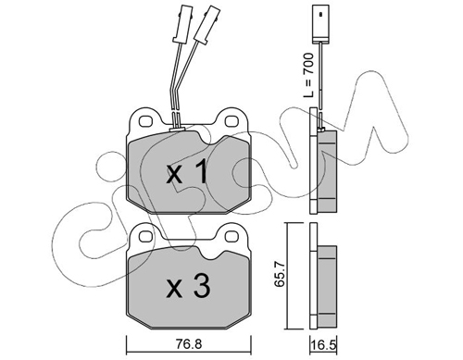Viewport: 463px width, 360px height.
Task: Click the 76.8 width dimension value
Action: (190, 343)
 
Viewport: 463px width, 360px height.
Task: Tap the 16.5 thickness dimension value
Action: (323, 344)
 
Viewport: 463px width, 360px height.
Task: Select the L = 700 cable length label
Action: (308, 76)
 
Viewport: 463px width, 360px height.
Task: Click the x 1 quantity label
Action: (187, 173)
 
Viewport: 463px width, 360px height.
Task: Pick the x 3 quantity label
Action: (188, 287)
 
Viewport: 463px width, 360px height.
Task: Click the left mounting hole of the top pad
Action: (145, 121)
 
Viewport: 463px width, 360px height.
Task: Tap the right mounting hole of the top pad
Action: (231, 121)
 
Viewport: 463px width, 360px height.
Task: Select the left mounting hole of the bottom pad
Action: (145, 237)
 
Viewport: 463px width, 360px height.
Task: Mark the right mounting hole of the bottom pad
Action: (231, 237)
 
